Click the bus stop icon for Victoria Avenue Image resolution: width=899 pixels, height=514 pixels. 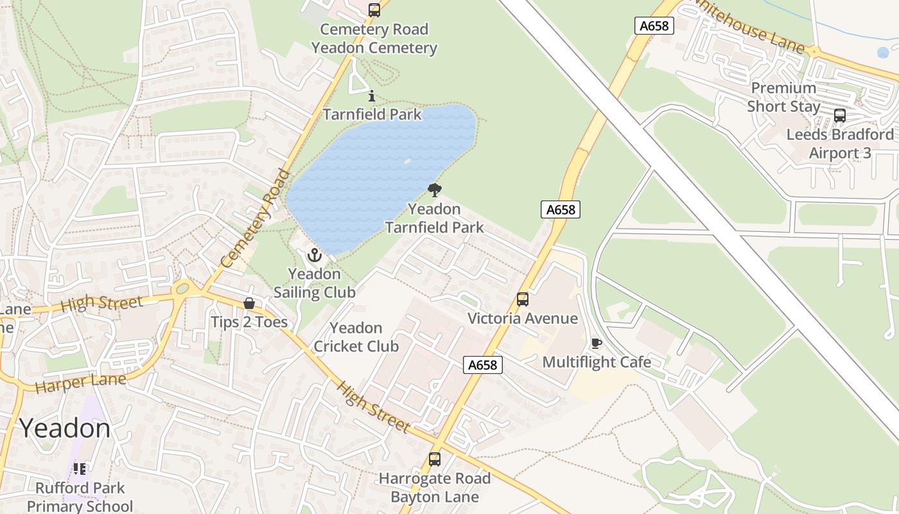[x=523, y=299]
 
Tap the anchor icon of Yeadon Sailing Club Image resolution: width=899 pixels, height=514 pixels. [x=314, y=255]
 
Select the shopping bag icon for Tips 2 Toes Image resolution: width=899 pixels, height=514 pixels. [x=249, y=303]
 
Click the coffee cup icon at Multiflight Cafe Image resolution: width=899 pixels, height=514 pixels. [x=596, y=343]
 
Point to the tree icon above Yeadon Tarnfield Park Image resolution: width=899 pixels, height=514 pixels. [x=435, y=190]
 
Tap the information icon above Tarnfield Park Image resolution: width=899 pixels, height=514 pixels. [x=372, y=96]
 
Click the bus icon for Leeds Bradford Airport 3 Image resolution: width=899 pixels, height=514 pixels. [x=839, y=116]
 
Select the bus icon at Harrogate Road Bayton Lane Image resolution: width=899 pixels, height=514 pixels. [x=435, y=459]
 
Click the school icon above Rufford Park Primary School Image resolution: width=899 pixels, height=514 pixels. [x=80, y=469]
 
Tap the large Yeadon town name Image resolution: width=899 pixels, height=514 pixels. [x=65, y=428]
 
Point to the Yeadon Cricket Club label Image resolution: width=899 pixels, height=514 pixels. [x=356, y=337]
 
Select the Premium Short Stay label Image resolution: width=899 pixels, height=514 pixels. [x=783, y=97]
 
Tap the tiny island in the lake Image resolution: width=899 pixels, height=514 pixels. [x=406, y=161]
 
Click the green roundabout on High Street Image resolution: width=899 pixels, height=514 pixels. [x=182, y=289]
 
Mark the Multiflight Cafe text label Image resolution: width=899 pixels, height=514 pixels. [x=597, y=362]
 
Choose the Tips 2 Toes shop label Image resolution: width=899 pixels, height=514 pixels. [x=249, y=322]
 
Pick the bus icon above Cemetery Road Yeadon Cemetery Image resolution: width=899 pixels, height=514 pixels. [x=374, y=10]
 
